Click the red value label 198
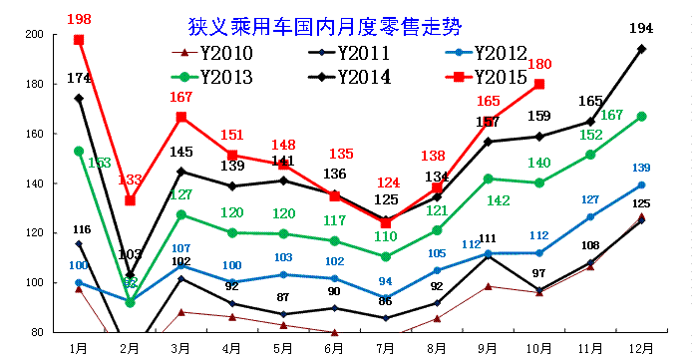click(80, 19)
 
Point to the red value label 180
click(539, 64)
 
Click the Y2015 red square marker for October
click(539, 84)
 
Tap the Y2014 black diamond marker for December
click(641, 48)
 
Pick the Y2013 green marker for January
click(79, 151)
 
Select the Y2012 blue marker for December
click(641, 184)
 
